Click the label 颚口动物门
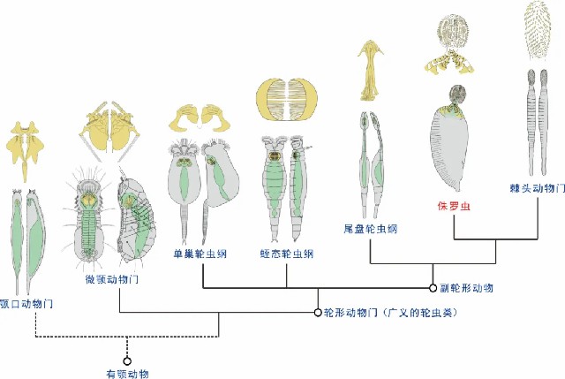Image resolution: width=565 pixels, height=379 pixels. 27,303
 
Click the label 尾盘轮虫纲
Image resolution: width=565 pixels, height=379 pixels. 371,229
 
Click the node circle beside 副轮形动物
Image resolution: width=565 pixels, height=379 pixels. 433,287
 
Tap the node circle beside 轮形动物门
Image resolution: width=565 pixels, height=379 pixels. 317,312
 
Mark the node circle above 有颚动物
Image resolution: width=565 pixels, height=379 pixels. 128,360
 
